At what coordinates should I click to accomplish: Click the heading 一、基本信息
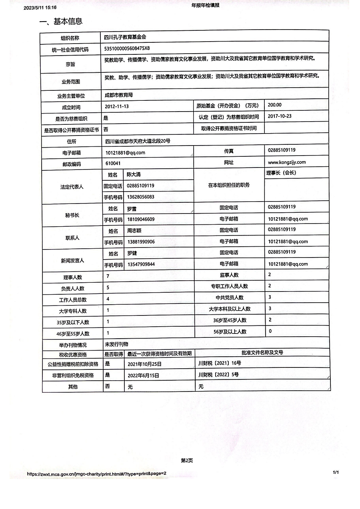click(61, 22)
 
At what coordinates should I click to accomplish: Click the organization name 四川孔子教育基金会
click(125, 37)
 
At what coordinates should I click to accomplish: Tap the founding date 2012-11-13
click(117, 106)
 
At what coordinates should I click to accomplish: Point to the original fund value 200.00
click(274, 105)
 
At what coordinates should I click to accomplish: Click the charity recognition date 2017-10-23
click(280, 116)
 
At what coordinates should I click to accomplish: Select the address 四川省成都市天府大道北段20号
click(138, 141)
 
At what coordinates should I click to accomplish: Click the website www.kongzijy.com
click(286, 162)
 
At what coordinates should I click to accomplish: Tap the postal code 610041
click(113, 164)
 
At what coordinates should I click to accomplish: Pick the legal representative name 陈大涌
click(134, 175)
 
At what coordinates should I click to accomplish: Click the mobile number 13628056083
click(140, 197)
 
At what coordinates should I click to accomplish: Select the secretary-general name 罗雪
click(132, 209)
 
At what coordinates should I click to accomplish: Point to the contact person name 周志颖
click(134, 231)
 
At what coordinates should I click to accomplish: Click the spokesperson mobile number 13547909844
click(141, 264)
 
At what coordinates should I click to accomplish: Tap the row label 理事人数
click(72, 277)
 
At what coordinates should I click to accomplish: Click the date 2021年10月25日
click(144, 364)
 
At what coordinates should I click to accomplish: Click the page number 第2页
click(187, 461)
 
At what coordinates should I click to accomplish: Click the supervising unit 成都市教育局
click(118, 95)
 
